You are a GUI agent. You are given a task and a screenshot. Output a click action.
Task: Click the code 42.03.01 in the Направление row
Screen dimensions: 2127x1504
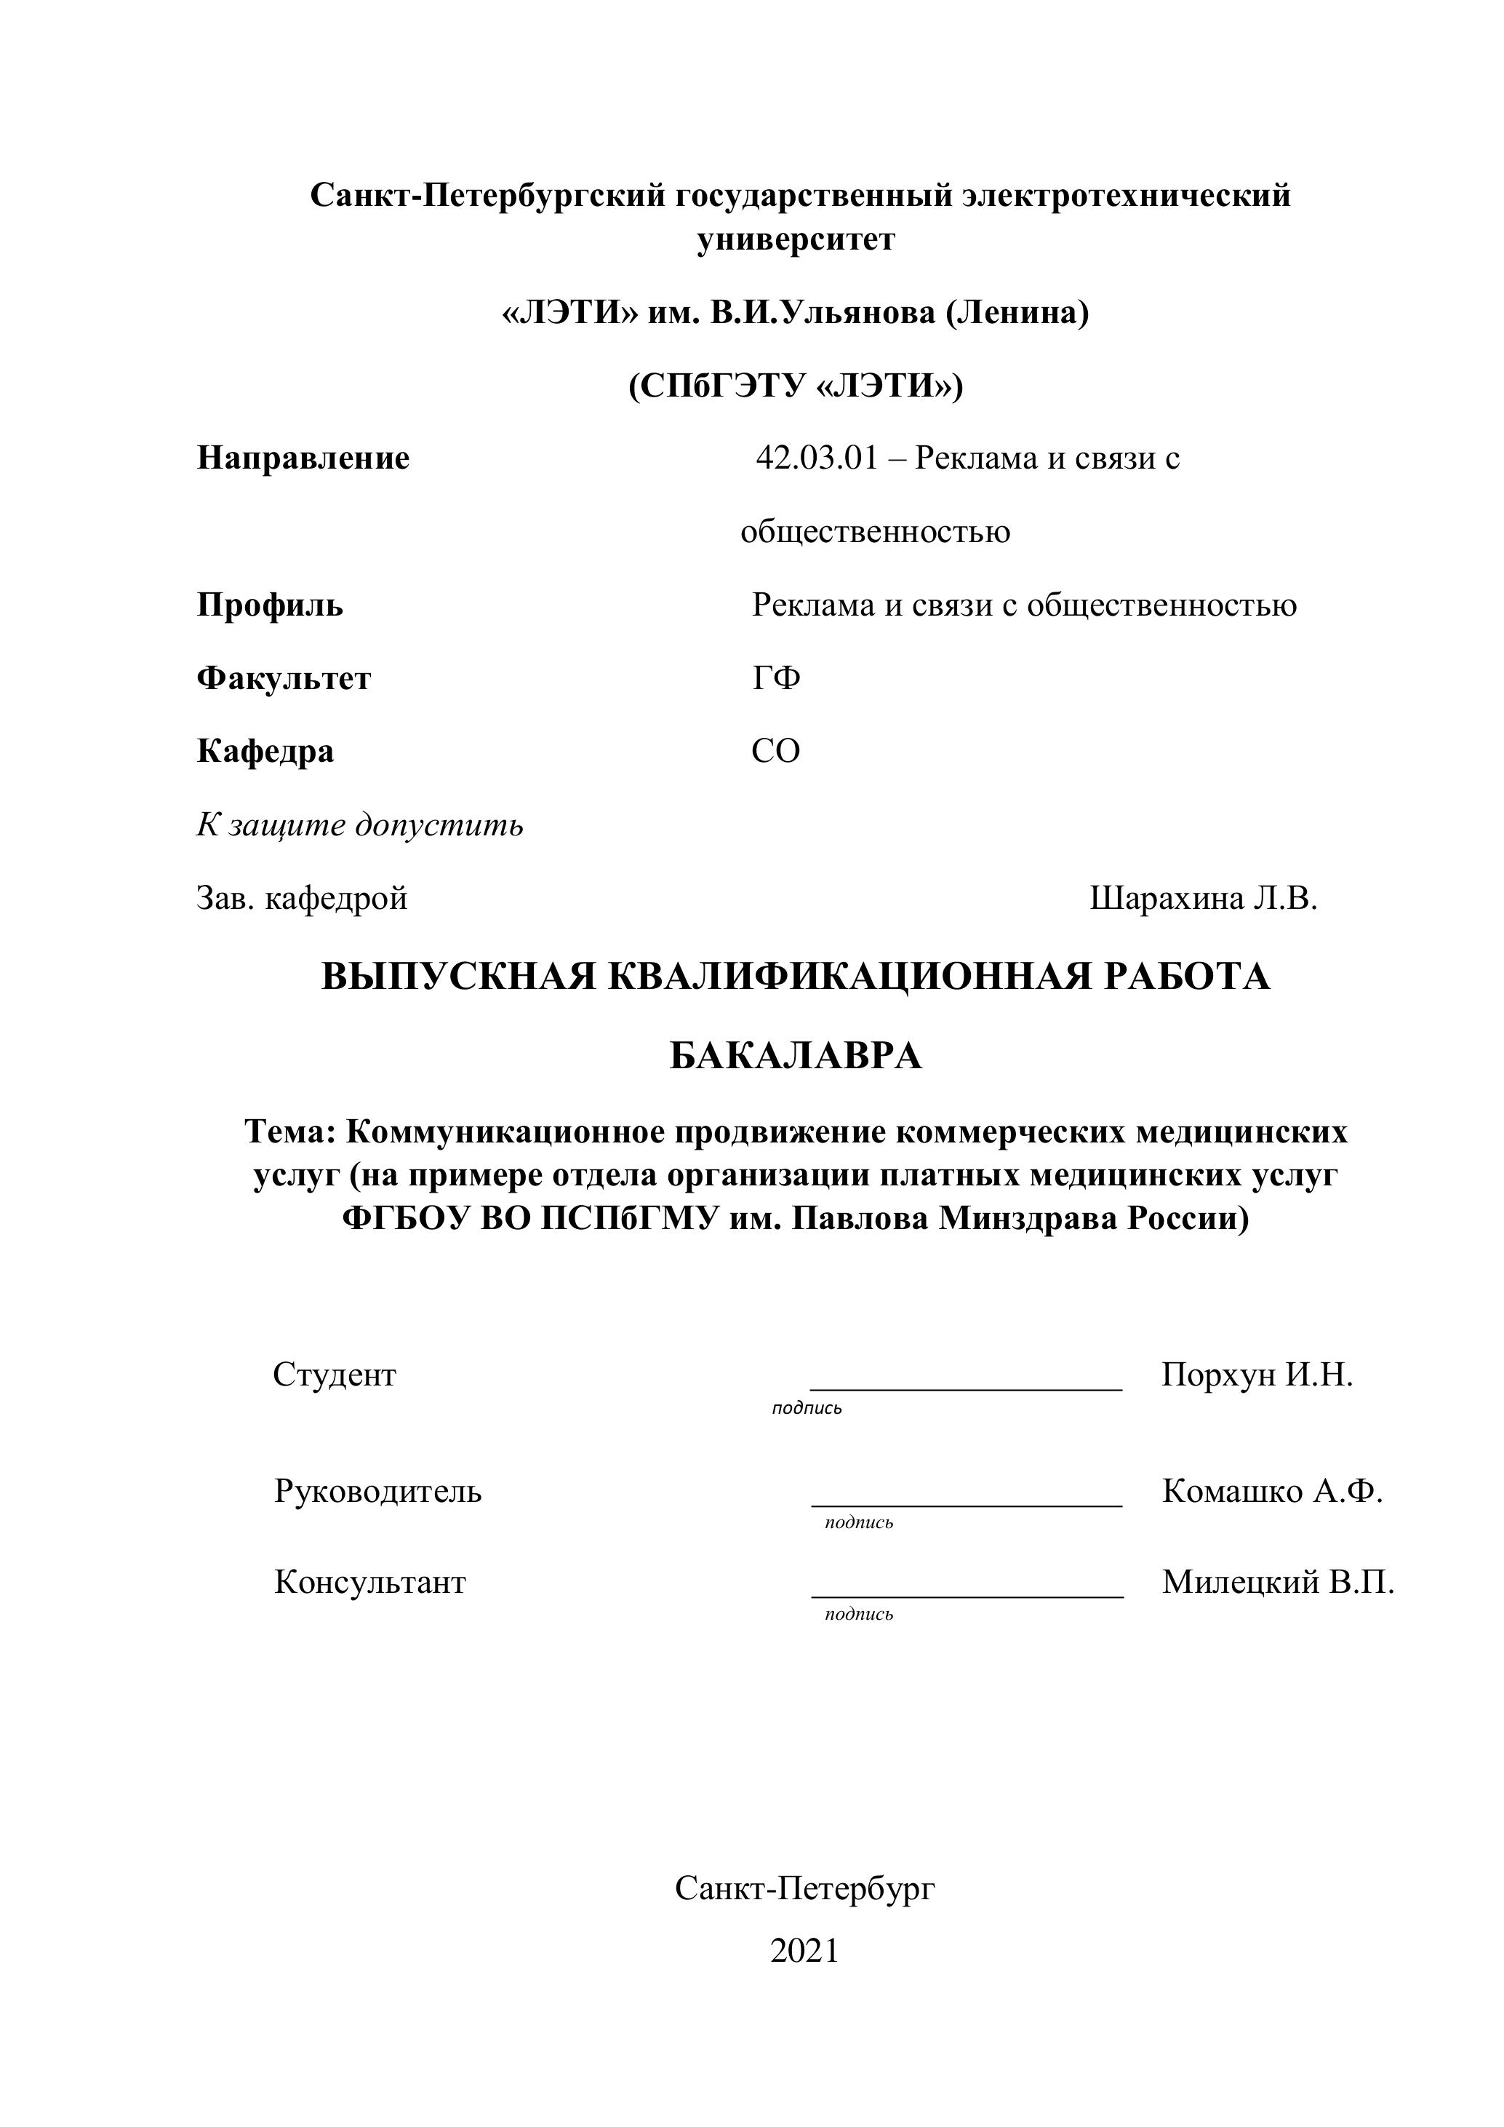point(816,458)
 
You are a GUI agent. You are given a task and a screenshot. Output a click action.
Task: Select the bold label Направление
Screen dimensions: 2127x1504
point(303,458)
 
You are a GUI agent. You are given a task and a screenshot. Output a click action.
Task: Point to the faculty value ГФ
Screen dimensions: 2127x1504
point(776,679)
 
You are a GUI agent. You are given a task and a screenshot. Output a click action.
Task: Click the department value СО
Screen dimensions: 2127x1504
point(775,751)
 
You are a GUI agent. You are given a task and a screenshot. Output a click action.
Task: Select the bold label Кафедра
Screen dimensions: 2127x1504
point(265,751)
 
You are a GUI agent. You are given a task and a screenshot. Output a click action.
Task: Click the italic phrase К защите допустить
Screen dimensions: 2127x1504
point(359,824)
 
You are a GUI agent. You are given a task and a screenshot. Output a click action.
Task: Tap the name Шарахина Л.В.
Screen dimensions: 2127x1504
point(1203,898)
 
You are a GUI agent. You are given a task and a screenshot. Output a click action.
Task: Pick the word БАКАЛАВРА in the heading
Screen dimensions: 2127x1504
point(796,1055)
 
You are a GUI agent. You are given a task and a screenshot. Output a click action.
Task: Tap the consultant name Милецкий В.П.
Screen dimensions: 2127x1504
point(1278,1582)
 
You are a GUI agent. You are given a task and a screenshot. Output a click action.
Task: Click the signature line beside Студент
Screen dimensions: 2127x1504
point(966,1388)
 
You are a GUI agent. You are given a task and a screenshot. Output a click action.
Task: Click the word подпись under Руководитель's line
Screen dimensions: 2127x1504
point(858,1523)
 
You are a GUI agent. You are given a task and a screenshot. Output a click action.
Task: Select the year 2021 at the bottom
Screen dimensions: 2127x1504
point(804,1951)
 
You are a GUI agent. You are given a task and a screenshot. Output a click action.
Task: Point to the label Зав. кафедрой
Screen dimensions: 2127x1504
point(302,898)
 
